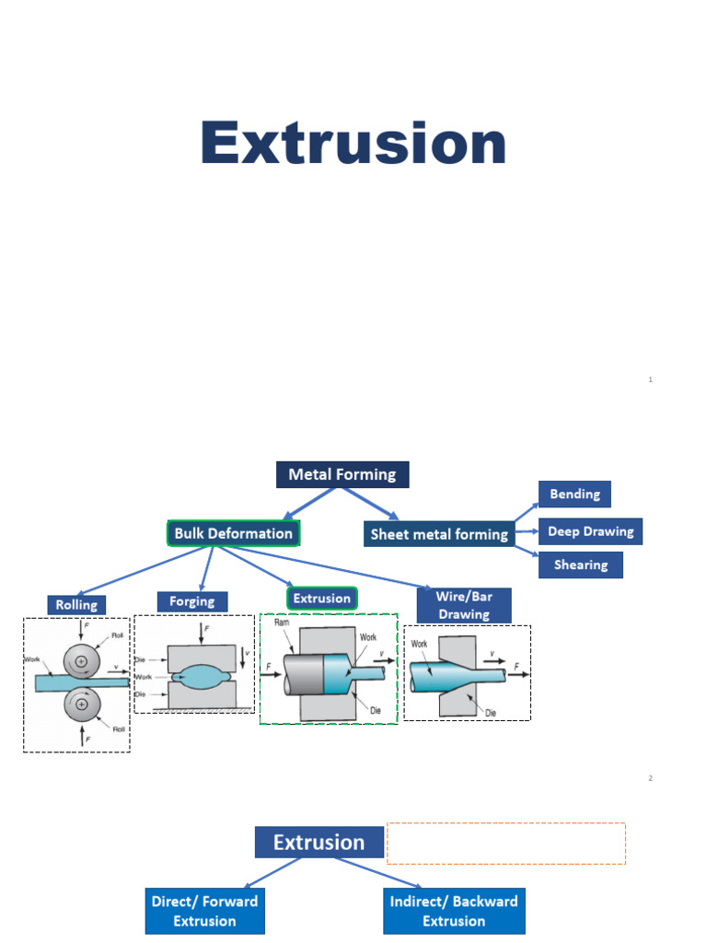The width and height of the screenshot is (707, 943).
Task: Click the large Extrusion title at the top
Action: (353, 145)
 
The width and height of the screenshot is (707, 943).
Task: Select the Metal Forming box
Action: (342, 474)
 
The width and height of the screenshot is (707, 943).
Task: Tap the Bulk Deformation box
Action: (234, 533)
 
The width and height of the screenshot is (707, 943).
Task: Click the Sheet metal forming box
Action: (439, 534)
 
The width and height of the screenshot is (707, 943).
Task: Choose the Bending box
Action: (574, 495)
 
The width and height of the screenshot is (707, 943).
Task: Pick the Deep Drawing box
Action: (590, 531)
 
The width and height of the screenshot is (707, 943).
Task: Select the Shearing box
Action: (581, 565)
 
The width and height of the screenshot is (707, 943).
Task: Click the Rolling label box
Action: (76, 605)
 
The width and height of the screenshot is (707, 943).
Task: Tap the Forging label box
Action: (191, 601)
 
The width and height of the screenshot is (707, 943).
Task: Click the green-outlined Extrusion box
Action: (321, 599)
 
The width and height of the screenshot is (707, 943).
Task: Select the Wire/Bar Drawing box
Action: (464, 605)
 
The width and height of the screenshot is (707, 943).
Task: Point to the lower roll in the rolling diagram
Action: (82, 704)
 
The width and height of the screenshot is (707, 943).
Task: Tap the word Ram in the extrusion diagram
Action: (283, 623)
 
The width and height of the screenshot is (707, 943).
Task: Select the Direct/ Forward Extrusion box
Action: (204, 911)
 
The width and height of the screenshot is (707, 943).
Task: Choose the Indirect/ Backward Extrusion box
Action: (453, 911)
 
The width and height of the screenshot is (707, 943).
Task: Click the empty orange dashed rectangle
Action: (505, 843)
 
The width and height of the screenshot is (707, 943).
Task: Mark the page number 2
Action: (650, 778)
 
